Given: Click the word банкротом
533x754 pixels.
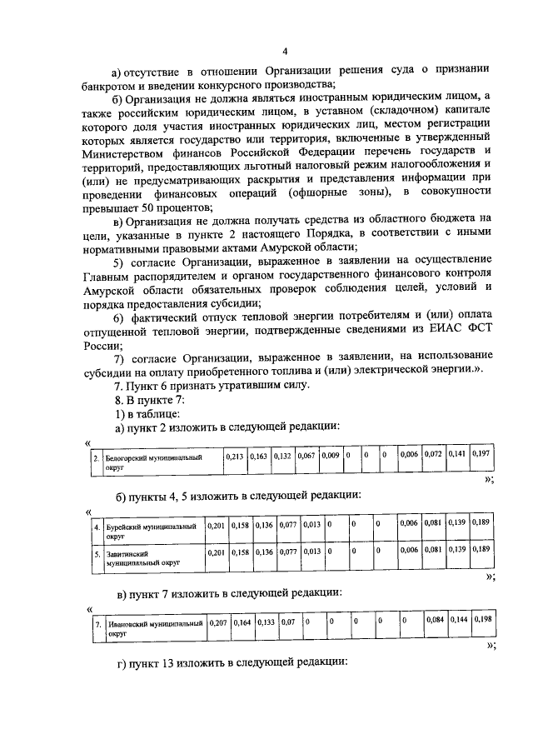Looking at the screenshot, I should [114, 84].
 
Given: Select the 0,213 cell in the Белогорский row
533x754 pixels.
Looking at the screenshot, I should [235, 457].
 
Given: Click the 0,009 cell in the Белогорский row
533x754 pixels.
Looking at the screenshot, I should [331, 457].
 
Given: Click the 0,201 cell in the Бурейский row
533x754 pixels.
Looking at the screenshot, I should [216, 527].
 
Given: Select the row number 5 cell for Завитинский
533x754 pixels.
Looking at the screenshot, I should [97, 552].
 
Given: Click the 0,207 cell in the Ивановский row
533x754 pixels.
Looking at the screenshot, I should [218, 622].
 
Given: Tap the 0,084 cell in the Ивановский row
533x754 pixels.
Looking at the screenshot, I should [436, 622].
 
